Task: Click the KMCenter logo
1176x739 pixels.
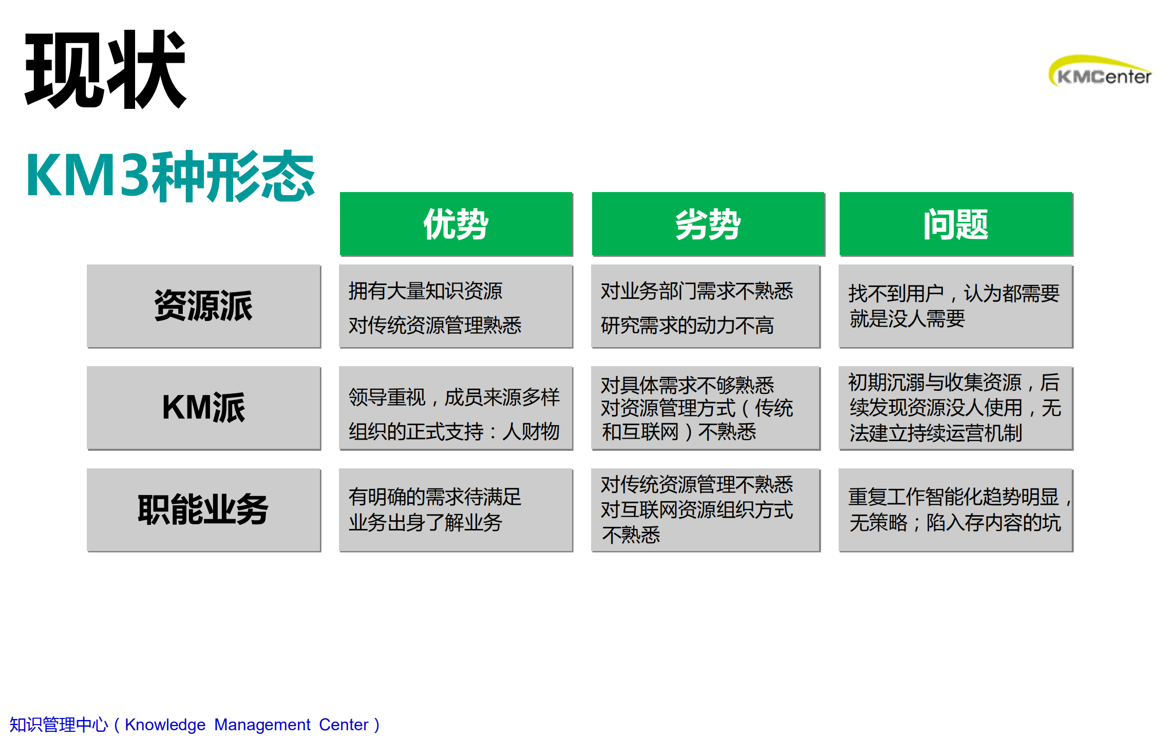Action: click(x=1100, y=72)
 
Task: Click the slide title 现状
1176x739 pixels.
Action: click(x=105, y=69)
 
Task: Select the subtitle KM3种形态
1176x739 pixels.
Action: click(x=170, y=176)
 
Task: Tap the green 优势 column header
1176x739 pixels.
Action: click(x=456, y=224)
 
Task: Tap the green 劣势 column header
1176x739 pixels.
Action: click(x=708, y=224)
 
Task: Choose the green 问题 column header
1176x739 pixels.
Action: click(x=955, y=224)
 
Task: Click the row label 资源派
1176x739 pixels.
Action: click(x=203, y=306)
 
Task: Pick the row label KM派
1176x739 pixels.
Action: click(x=203, y=408)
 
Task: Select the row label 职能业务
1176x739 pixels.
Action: click(x=203, y=509)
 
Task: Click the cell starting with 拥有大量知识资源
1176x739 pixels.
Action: click(x=456, y=307)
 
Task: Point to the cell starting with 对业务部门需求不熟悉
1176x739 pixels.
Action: click(x=705, y=307)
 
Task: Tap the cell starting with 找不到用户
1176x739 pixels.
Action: click(x=955, y=307)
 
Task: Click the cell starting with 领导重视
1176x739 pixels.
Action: click(x=456, y=408)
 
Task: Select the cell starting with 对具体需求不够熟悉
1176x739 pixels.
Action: click(x=705, y=408)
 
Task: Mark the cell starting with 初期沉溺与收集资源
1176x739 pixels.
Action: click(x=955, y=408)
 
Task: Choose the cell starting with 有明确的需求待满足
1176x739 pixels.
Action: click(x=456, y=510)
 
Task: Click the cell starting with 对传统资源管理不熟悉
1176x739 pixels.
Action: click(x=705, y=510)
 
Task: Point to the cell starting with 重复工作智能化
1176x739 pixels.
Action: click(x=955, y=510)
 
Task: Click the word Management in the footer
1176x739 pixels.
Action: click(x=262, y=725)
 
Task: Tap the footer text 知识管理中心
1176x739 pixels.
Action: click(x=59, y=725)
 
